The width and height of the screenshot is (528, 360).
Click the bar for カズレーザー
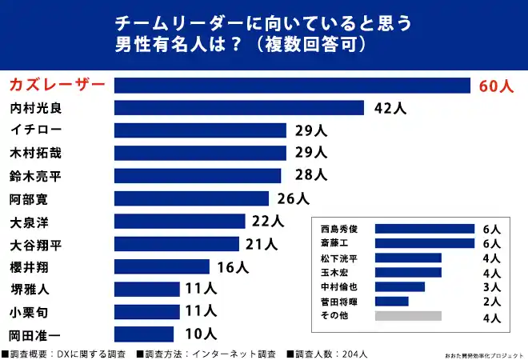coord(292,86)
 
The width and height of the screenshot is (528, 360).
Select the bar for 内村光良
coord(239,108)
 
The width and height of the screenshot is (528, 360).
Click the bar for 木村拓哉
coord(200,153)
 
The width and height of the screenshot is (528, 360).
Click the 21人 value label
coord(260,243)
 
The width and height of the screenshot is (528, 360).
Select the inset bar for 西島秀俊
coord(424,229)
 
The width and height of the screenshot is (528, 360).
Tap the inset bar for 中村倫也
coord(399,286)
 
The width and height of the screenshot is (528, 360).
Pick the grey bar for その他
coord(407,316)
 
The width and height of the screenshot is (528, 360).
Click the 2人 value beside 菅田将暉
coord(491,302)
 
